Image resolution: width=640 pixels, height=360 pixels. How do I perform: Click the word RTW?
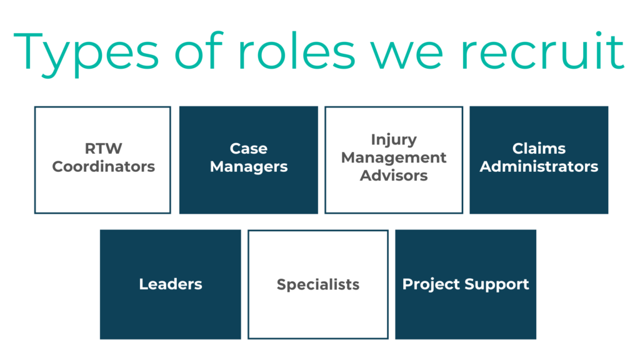coord(103,149)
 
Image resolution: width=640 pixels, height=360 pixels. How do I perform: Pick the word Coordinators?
coord(103,167)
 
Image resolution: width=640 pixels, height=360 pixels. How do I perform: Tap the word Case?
coord(249,149)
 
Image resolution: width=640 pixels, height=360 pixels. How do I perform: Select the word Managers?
coord(249,167)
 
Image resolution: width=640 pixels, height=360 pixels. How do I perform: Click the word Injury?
coord(394,139)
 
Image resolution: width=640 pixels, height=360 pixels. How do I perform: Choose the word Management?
coord(394,157)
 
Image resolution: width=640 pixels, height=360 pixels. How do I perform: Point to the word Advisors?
coord(394,176)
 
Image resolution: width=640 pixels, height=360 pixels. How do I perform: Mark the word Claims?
coord(539,149)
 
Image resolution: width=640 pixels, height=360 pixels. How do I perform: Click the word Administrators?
coord(539,167)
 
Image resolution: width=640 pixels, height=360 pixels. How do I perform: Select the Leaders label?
coord(171,284)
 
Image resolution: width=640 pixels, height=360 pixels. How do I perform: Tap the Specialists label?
coord(318,285)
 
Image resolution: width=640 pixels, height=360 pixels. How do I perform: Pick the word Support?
coord(499,285)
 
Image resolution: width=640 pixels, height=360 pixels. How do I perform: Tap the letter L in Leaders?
coord(142,284)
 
